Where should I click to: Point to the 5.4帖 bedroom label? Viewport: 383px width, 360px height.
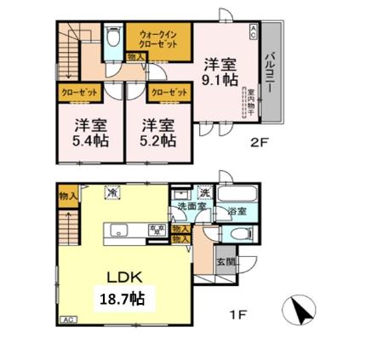point(85,133)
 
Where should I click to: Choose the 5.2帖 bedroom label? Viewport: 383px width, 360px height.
point(158,133)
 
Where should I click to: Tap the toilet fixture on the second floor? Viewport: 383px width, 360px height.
point(113,41)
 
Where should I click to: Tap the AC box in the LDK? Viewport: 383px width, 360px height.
point(67,319)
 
